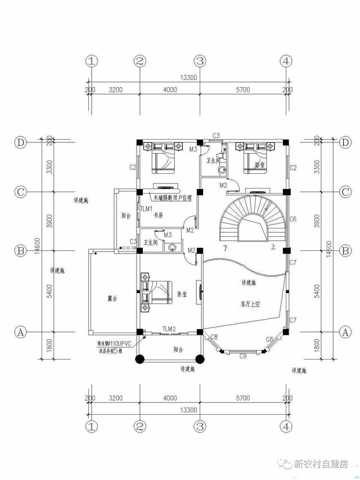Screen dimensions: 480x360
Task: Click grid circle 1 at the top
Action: pyautogui.click(x=92, y=61)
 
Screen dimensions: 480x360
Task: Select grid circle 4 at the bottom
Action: pyautogui.click(x=286, y=426)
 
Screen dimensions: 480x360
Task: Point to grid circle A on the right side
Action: pyautogui.click(x=345, y=332)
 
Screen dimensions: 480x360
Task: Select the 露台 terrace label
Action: pyautogui.click(x=111, y=298)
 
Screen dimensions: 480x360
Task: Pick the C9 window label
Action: pyautogui.click(x=243, y=356)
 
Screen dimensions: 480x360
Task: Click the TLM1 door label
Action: pyautogui.click(x=146, y=208)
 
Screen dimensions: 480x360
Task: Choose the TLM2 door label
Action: pyautogui.click(x=169, y=329)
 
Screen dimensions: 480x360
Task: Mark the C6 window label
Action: pyautogui.click(x=292, y=219)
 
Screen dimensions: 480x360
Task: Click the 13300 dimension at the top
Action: pyautogui.click(x=188, y=78)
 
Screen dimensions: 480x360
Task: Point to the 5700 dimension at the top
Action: pyautogui.click(x=242, y=89)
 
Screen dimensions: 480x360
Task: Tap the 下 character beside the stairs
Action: pyautogui.click(x=225, y=248)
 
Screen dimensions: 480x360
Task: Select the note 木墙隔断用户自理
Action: pyautogui.click(x=172, y=198)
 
